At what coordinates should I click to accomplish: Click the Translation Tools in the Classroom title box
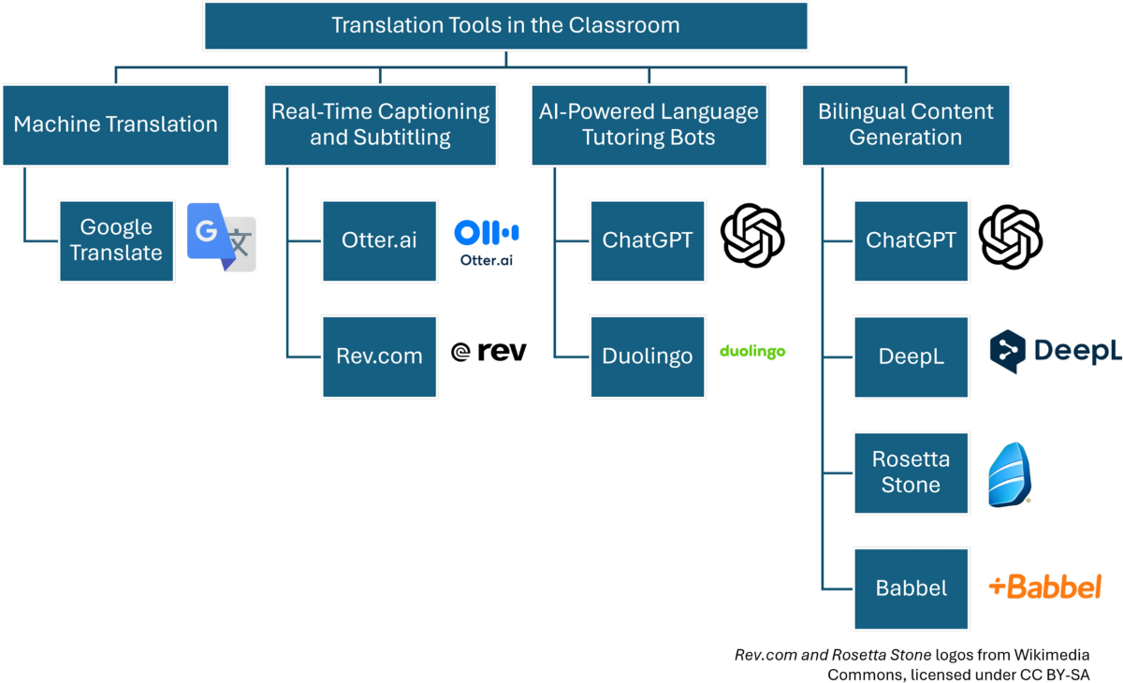(x=506, y=26)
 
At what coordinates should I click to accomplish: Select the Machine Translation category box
(x=116, y=125)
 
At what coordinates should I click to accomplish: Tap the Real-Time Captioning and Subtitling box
(x=381, y=125)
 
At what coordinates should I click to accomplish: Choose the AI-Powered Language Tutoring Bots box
(x=649, y=125)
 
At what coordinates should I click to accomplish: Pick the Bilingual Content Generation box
(x=906, y=125)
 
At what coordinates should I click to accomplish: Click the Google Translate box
(x=117, y=241)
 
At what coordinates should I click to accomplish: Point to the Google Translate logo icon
(x=222, y=237)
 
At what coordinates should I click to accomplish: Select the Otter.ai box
(x=380, y=241)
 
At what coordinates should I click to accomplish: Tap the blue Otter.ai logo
(x=487, y=242)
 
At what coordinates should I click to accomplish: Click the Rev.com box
(x=380, y=356)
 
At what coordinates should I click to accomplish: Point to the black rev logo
(x=489, y=351)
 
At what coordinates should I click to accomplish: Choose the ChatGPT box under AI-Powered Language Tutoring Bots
(x=648, y=241)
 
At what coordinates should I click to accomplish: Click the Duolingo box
(x=648, y=356)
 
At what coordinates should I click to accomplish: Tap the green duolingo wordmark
(x=752, y=351)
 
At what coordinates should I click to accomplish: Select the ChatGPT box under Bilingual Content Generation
(x=912, y=241)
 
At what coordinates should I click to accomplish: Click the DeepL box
(x=912, y=356)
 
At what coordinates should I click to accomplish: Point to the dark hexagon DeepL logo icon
(x=1008, y=351)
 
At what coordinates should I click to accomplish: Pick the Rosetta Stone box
(x=912, y=473)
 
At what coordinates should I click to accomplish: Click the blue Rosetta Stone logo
(x=1010, y=474)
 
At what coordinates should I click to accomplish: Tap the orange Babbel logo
(x=1044, y=587)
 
